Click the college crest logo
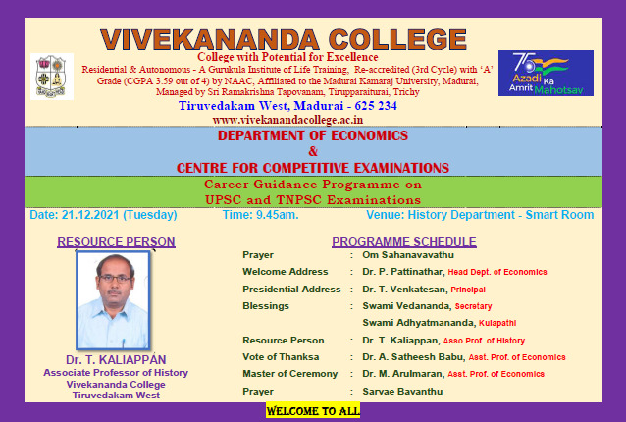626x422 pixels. click(51, 77)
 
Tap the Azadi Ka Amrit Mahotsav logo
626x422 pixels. click(546, 73)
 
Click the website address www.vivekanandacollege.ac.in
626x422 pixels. click(287, 120)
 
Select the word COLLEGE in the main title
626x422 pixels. click(397, 39)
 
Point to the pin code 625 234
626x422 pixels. click(376, 106)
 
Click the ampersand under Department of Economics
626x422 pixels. click(313, 151)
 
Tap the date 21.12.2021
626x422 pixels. click(90, 215)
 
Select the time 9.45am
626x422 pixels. click(278, 215)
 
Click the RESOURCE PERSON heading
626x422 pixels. click(116, 242)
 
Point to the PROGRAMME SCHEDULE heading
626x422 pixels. click(404, 242)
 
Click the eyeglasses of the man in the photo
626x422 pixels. click(115, 279)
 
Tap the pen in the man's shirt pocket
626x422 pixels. click(124, 343)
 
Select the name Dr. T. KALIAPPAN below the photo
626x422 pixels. click(116, 360)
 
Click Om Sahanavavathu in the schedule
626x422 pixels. click(408, 255)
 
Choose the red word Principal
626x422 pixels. click(468, 290)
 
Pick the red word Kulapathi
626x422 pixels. click(497, 323)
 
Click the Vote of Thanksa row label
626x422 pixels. click(281, 357)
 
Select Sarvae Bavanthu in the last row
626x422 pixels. click(402, 392)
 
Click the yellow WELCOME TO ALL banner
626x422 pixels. click(313, 411)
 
